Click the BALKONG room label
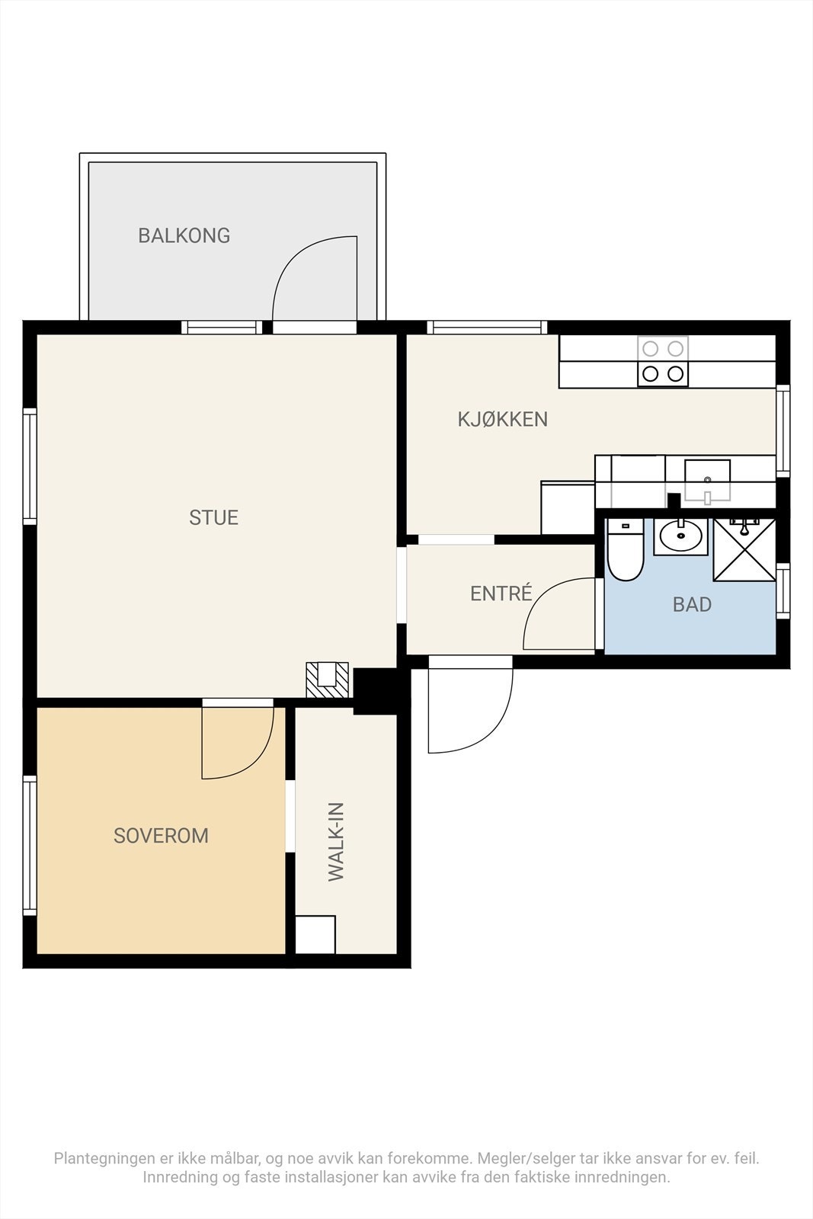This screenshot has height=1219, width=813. tap(184, 235)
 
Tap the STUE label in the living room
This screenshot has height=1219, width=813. tap(214, 517)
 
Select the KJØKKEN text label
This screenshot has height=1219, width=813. tap(503, 419)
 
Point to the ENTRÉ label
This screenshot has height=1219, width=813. tap(501, 593)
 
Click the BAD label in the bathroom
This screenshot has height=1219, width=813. tap(692, 605)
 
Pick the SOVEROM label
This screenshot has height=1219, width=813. tap(161, 836)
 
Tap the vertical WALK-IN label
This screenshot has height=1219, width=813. tap(336, 842)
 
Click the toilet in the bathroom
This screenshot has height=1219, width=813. tap(626, 549)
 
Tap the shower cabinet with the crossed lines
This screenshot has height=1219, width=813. tap(744, 549)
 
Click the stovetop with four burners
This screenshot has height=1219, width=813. tap(663, 361)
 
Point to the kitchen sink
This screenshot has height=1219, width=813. tap(707, 480)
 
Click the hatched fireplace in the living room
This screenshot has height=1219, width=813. tap(327, 680)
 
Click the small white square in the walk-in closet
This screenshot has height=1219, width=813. tap(315, 934)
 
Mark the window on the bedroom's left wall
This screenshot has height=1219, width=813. tap(30, 846)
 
